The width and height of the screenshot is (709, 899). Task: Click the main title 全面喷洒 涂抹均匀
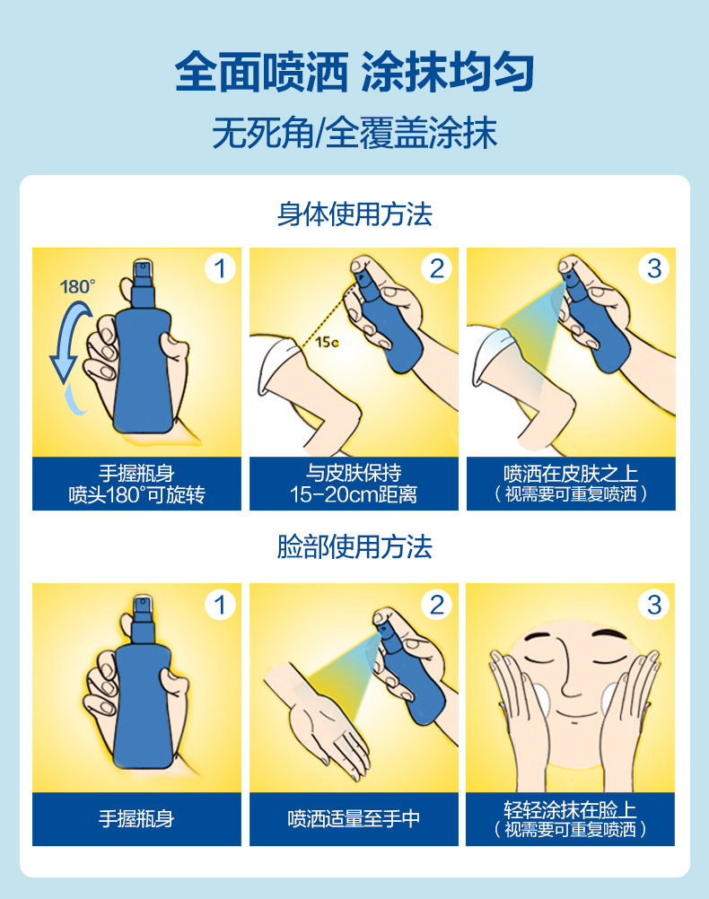click(x=354, y=73)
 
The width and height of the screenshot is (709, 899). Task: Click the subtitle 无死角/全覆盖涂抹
click(x=354, y=133)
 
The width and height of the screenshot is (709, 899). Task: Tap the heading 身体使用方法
click(x=354, y=214)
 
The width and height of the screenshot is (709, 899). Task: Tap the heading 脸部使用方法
click(x=354, y=546)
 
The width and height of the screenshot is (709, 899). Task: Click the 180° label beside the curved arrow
click(x=77, y=286)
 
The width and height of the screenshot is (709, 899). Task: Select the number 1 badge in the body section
click(x=220, y=268)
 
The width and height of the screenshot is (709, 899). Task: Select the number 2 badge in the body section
click(x=437, y=268)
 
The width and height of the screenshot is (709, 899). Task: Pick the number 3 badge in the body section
click(x=654, y=268)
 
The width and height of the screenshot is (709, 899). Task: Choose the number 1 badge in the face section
click(x=220, y=605)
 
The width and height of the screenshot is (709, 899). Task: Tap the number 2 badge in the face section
click(x=437, y=605)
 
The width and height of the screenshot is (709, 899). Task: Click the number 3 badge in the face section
click(x=654, y=605)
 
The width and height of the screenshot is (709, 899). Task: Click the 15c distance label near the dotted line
click(x=327, y=343)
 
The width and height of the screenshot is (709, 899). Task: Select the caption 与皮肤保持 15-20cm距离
click(x=354, y=484)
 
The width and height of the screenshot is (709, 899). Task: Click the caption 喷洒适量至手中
click(x=354, y=819)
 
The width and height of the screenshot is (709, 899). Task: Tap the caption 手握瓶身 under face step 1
click(x=136, y=819)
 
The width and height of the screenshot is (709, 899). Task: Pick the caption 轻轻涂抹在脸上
click(x=571, y=809)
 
